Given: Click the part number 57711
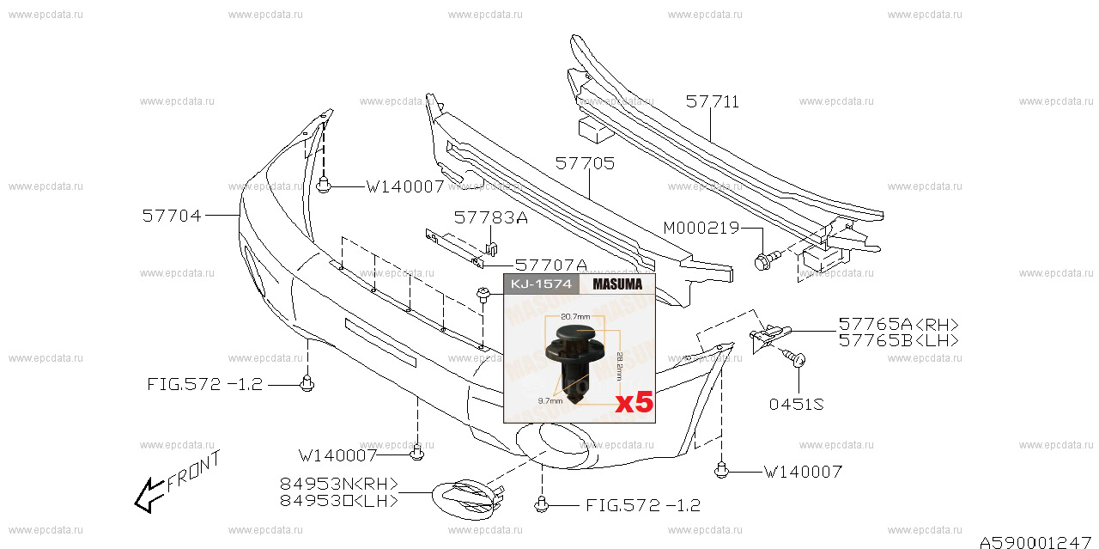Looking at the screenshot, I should pyautogui.click(x=712, y=102).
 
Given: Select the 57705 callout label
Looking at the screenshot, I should pyautogui.click(x=585, y=163).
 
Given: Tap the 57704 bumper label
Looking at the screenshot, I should pyautogui.click(x=172, y=217).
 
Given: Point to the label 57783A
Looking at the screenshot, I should pyautogui.click(x=490, y=218).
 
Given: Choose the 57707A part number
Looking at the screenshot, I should pyautogui.click(x=550, y=266).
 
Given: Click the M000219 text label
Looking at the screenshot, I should pyautogui.click(x=701, y=228).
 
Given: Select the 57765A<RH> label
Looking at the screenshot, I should pyautogui.click(x=898, y=324).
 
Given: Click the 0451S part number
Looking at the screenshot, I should pyautogui.click(x=796, y=404).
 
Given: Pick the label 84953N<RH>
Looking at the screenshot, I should pyautogui.click(x=339, y=483).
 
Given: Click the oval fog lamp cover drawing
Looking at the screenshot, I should pyautogui.click(x=465, y=500).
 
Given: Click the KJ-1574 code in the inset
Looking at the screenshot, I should pyautogui.click(x=541, y=284).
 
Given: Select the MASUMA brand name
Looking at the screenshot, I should pyautogui.click(x=617, y=284).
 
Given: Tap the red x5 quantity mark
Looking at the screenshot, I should pyautogui.click(x=634, y=402).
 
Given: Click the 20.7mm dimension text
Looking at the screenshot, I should pyautogui.click(x=575, y=317).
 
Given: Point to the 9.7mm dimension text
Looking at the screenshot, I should pyautogui.click(x=550, y=400).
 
